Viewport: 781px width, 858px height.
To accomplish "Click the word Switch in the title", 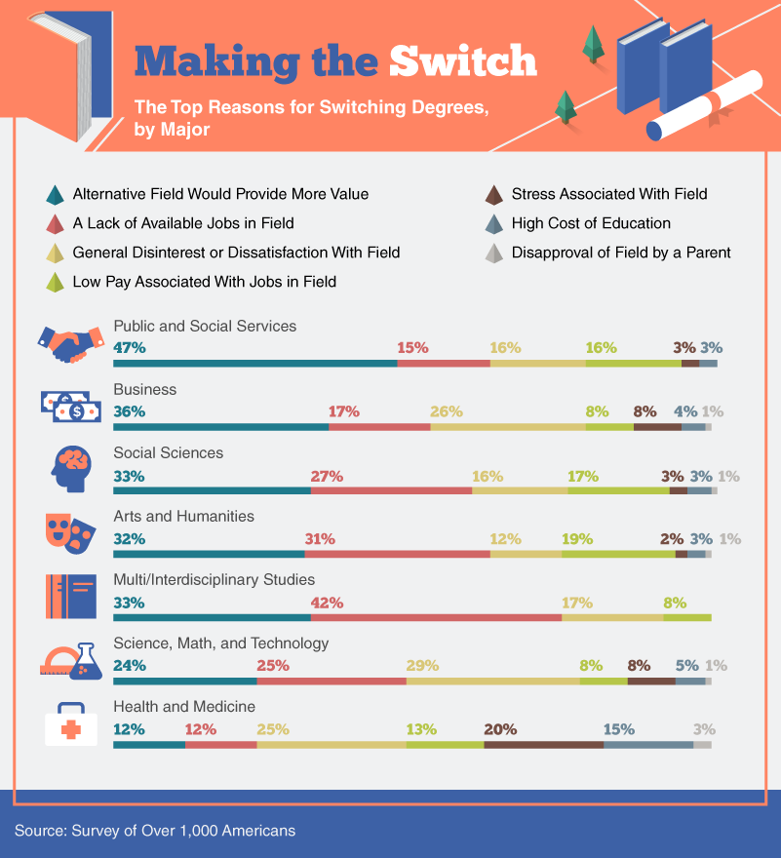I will coord(462,60).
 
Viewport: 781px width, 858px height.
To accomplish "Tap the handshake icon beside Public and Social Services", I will coord(69,342).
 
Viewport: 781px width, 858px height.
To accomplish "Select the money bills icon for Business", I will coord(70,406).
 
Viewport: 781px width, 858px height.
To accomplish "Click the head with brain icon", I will coord(70,470).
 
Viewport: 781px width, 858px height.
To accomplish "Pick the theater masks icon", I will coord(69,531).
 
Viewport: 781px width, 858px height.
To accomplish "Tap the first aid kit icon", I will coord(70,723).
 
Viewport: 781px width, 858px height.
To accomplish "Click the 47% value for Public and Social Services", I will coord(130,348).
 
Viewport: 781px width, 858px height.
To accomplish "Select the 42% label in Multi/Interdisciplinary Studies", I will coord(327,604).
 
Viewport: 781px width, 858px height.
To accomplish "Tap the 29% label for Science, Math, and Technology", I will coord(422,666).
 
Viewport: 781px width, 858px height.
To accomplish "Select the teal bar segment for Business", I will coord(221,427).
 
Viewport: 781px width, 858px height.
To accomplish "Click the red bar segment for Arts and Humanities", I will coord(397,554).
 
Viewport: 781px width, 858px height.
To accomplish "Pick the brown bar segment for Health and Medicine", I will coord(543,745).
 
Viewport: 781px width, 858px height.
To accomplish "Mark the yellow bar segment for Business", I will coord(507,427).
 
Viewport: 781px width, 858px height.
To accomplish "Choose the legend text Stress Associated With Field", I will coord(609,194).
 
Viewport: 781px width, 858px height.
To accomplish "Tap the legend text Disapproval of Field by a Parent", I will coord(621,253).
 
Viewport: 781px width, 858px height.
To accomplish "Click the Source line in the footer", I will coord(155,831).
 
